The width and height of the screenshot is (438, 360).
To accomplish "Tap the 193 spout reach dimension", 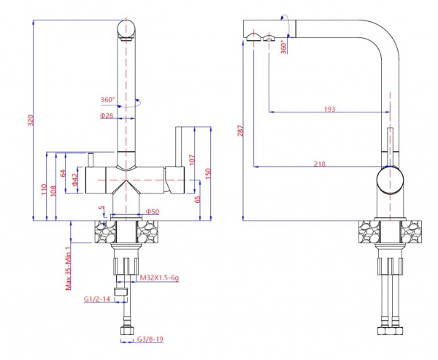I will click(x=329, y=108).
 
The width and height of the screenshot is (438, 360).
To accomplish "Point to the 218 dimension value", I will click(x=319, y=163).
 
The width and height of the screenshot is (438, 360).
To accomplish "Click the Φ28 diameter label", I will click(x=107, y=115).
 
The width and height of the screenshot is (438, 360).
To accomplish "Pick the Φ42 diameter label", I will click(x=76, y=180).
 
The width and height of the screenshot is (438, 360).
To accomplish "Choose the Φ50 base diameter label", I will click(x=153, y=212).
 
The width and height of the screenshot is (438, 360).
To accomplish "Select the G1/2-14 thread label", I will click(x=97, y=299).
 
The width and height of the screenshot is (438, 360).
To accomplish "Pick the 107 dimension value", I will click(x=191, y=158).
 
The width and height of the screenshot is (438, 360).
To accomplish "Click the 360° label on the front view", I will click(x=109, y=100).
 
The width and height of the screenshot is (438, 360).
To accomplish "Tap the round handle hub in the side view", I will click(x=391, y=182).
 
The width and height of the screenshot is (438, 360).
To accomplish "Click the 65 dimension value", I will click(x=198, y=199).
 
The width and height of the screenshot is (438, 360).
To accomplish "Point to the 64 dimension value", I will click(x=64, y=174).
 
